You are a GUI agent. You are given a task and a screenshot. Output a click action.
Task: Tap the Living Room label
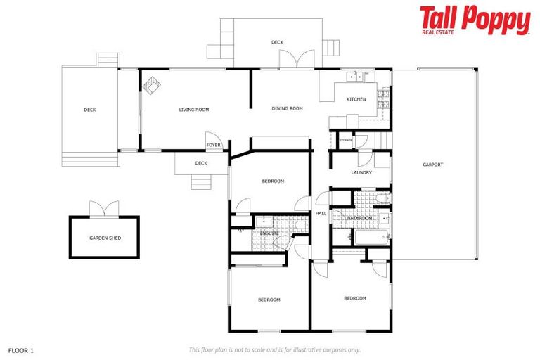tap(194, 110)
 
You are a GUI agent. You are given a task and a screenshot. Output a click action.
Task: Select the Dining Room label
tap(287, 108)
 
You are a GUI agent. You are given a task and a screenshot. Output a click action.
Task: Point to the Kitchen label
tap(356, 99)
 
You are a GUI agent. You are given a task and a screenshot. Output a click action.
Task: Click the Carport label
tap(432, 165)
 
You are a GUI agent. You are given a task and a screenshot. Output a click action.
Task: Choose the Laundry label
tap(361, 172)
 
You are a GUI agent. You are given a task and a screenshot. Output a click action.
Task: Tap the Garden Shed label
tap(105, 238)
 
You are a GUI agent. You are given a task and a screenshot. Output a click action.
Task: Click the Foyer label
tap(214, 146)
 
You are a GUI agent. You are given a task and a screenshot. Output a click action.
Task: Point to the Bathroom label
tap(359, 218)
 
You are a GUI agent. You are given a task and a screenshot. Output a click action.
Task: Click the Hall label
tap(321, 213)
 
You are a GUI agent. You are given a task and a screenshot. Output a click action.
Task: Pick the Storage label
tap(346, 140)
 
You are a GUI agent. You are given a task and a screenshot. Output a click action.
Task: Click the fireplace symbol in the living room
tap(153, 85)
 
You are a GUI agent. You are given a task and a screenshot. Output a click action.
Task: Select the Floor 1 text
tap(21, 349)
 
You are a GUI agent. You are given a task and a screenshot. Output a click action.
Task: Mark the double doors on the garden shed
tap(105, 209)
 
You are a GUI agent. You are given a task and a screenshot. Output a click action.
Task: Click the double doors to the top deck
tap(293, 60)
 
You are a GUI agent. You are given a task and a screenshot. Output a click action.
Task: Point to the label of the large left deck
tap(89, 110)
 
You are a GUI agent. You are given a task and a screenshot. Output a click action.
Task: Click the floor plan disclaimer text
tap(274, 349)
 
